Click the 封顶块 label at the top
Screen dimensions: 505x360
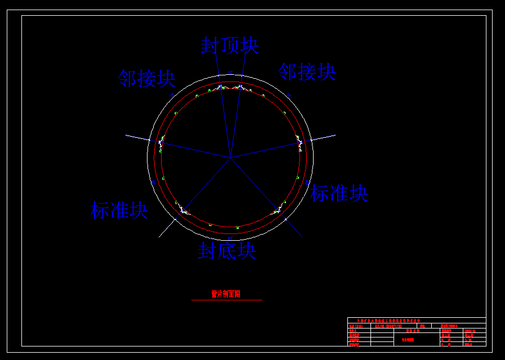tap(230, 46)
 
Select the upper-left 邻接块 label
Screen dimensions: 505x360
tap(146, 78)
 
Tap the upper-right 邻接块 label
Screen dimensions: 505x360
tap(307, 71)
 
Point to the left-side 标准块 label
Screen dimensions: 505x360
tap(119, 210)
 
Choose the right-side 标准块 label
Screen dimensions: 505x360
tap(339, 193)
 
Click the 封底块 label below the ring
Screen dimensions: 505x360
tap(226, 250)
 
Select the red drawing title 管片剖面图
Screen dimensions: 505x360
tap(226, 294)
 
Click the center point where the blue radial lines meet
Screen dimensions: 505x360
tap(230, 156)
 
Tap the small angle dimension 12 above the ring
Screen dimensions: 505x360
tap(230, 72)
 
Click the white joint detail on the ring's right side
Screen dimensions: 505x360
tap(300, 142)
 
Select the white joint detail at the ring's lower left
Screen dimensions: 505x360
tap(184, 210)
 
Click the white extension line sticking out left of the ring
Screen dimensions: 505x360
tap(136, 137)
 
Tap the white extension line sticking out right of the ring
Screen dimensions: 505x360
tap(324, 137)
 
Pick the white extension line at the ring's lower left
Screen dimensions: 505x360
tap(166, 228)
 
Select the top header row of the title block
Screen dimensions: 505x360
tap(417, 320)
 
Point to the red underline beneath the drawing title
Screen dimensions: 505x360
tap(226, 300)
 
